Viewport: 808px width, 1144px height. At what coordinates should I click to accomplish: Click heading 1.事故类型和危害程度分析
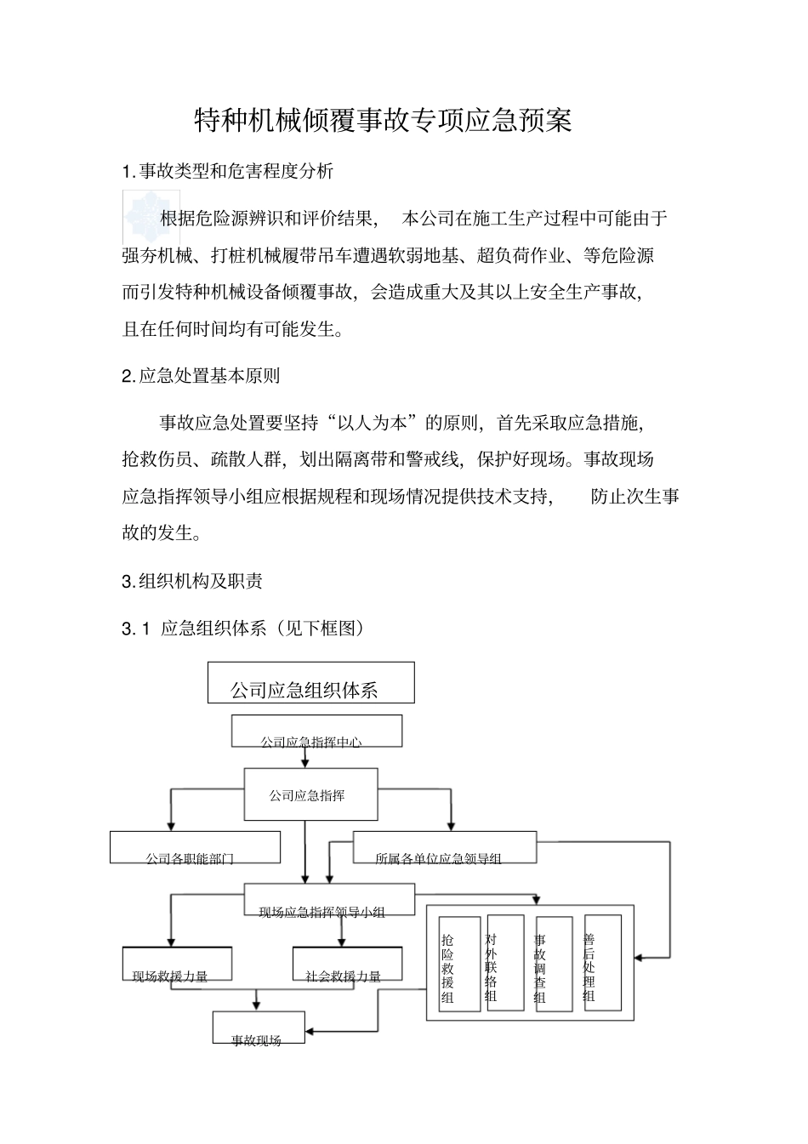click(228, 171)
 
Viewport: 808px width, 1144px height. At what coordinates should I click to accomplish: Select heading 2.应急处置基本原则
click(201, 375)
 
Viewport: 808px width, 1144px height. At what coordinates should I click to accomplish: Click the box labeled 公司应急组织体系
click(310, 683)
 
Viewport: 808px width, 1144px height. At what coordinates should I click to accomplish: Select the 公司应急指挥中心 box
click(316, 731)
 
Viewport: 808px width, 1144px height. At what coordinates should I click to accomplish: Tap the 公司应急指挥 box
click(308, 794)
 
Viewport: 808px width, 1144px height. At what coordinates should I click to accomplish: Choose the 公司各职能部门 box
click(195, 847)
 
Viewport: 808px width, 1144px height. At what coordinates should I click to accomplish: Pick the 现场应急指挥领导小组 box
click(329, 901)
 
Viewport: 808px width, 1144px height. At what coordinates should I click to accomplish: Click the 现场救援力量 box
click(177, 964)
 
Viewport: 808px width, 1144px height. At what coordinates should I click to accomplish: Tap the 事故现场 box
click(259, 1027)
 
